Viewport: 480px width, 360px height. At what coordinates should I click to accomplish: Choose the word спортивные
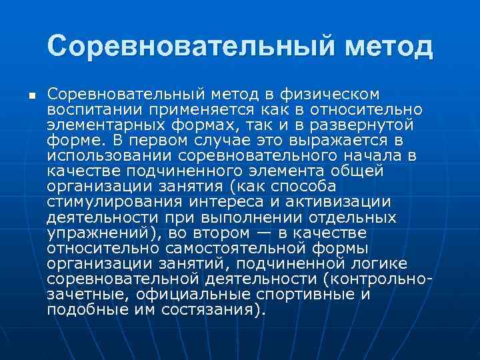[306, 294]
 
